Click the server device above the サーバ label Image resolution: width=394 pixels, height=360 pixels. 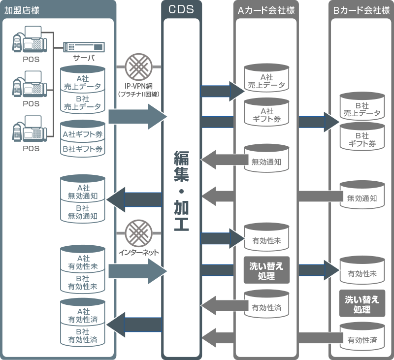[x=84, y=48]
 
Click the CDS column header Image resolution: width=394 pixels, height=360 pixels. [x=181, y=9]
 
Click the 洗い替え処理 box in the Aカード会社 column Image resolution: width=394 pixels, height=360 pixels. [x=266, y=270]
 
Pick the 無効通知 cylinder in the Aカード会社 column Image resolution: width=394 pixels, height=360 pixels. [x=266, y=159]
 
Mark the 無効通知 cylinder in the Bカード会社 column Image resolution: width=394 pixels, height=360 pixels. [x=361, y=196]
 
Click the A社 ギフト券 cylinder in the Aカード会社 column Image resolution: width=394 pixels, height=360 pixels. [x=266, y=114]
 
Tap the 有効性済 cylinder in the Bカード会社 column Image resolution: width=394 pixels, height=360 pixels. [x=361, y=337]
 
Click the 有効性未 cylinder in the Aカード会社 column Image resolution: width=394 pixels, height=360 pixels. [x=266, y=238]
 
